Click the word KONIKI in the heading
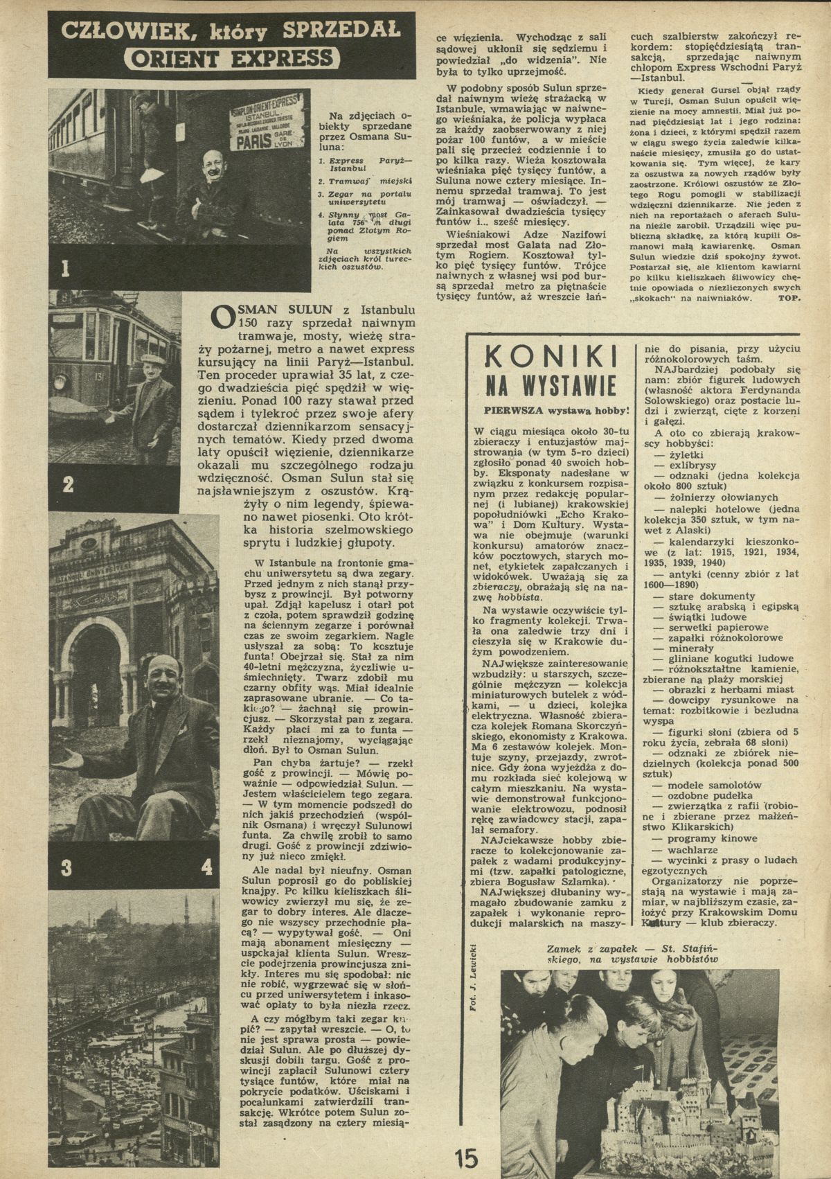tap(552, 360)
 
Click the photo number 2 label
tap(67, 484)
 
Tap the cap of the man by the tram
tap(150, 360)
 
